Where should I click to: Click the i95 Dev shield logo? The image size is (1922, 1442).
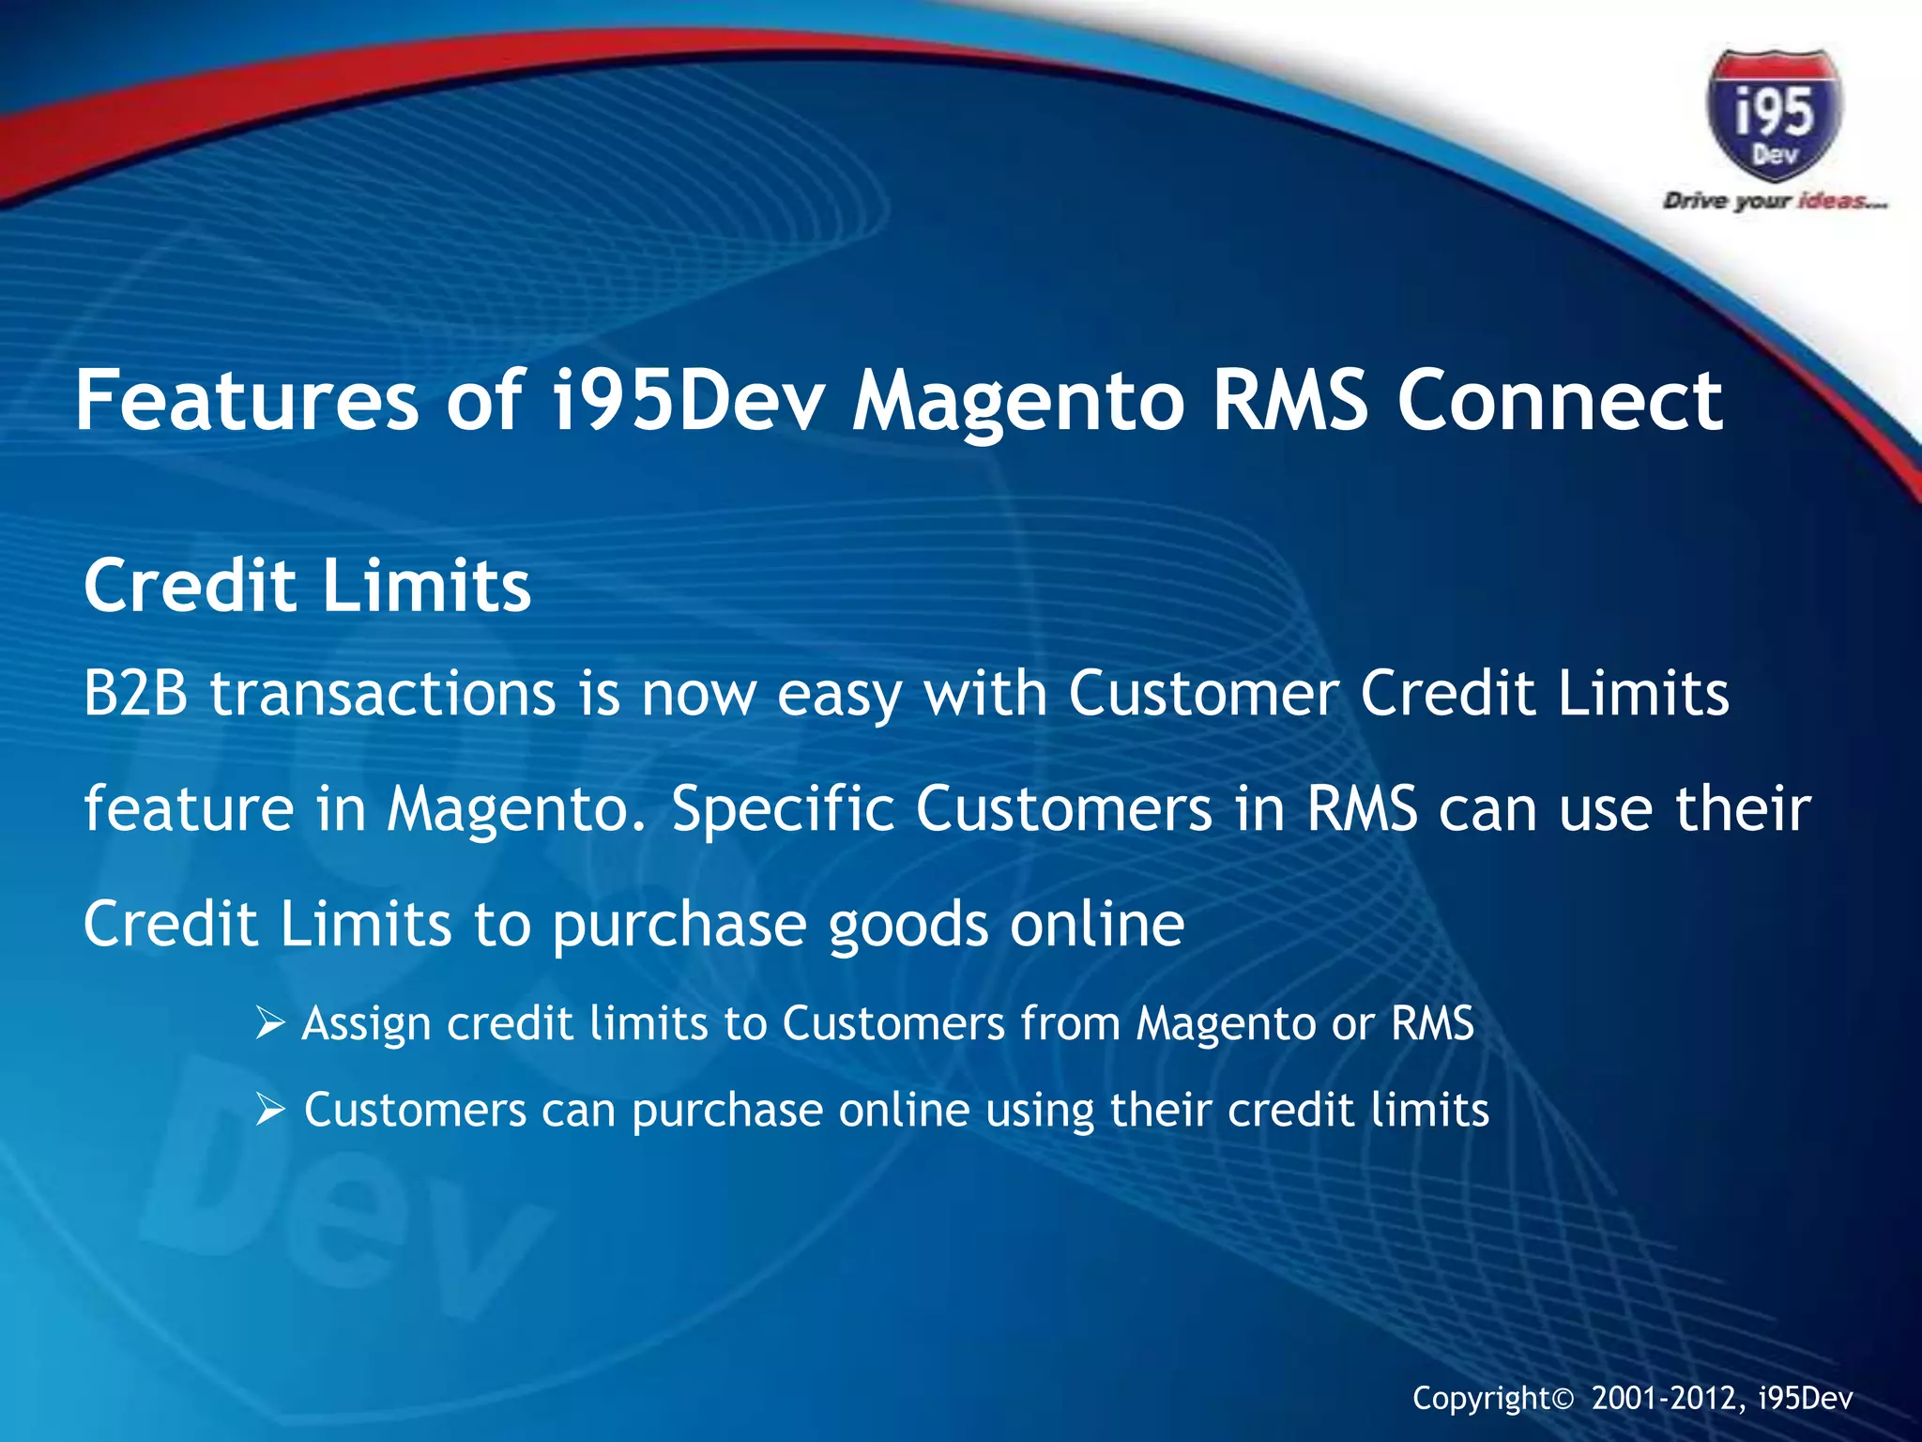1773,116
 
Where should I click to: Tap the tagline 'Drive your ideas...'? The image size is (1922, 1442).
1774,201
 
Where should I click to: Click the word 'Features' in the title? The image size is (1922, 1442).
246,401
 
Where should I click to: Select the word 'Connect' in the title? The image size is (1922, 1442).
1559,401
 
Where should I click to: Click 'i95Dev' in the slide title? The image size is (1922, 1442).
688,401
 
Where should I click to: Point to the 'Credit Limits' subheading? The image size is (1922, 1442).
307,585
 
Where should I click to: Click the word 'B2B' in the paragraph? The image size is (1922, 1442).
136,694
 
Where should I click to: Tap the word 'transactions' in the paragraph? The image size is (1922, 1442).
383,694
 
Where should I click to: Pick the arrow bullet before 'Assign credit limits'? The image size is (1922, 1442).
269,1024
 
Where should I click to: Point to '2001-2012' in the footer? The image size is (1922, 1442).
1668,1399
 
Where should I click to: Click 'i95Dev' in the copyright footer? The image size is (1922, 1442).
1806,1399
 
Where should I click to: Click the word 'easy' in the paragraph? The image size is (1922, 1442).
839,696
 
